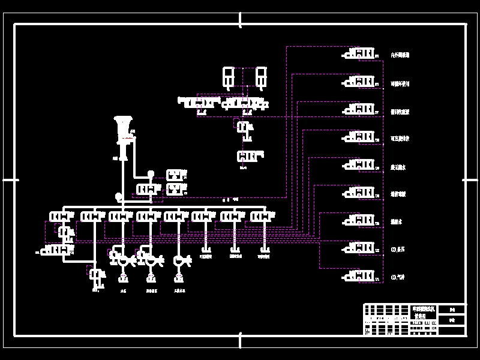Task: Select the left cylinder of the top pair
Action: pyautogui.click(x=229, y=77)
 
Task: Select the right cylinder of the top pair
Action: pyautogui.click(x=261, y=77)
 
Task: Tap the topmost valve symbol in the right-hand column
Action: pyautogui.click(x=360, y=54)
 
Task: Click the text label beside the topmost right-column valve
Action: pyautogui.click(x=400, y=55)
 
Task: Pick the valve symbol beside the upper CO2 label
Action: pyautogui.click(x=360, y=248)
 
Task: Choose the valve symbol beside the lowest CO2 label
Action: pyautogui.click(x=360, y=276)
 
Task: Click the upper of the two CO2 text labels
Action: pyautogui.click(x=398, y=250)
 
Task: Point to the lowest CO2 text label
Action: pyautogui.click(x=398, y=277)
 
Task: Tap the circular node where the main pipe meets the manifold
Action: pyautogui.click(x=119, y=196)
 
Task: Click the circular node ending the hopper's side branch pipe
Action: pyautogui.click(x=151, y=174)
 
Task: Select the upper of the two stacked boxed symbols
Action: pyautogui.click(x=175, y=175)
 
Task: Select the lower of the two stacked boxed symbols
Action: pyautogui.click(x=175, y=189)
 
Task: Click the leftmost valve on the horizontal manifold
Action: pyautogui.click(x=60, y=216)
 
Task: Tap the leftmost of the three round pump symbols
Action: pyautogui.click(x=123, y=260)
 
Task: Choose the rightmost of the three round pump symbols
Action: pyautogui.click(x=179, y=260)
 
